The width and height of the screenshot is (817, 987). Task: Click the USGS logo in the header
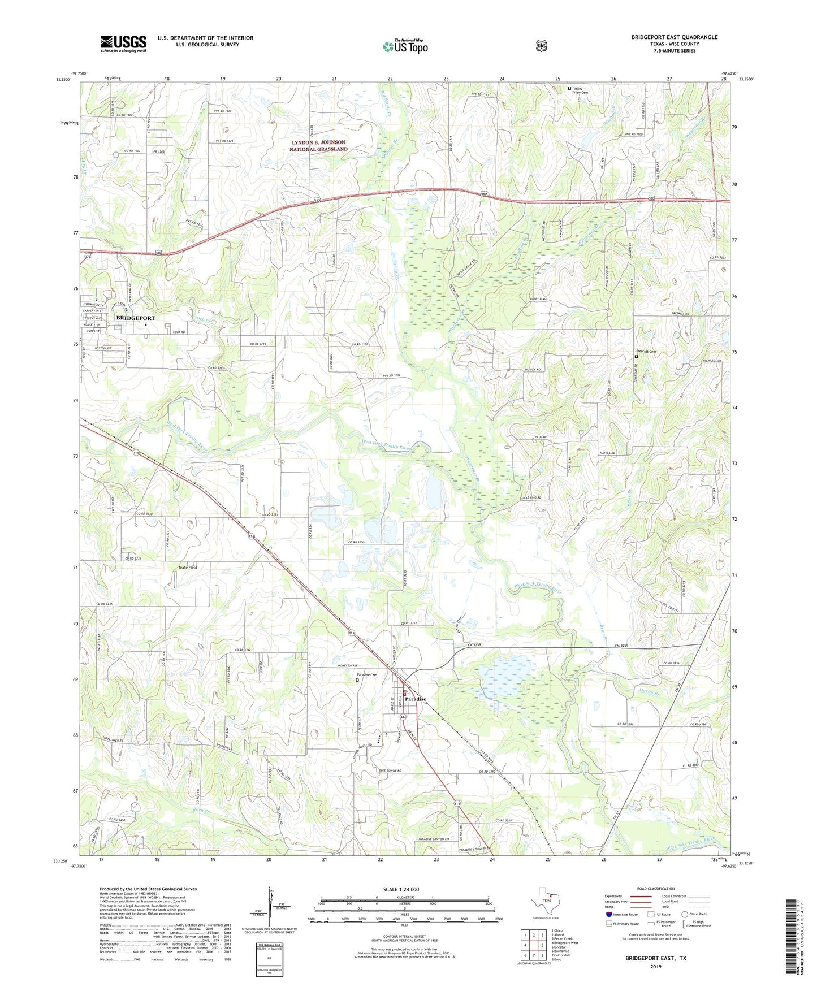tap(123, 44)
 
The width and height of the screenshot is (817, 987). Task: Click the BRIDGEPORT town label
tap(136, 318)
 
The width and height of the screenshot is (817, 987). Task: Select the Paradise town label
tap(416, 699)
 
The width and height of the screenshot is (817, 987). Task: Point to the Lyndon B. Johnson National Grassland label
tap(318, 146)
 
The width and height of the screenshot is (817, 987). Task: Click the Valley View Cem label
tap(581, 90)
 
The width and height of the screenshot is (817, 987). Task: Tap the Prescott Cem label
tap(646, 352)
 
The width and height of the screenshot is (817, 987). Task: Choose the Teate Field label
tap(185, 567)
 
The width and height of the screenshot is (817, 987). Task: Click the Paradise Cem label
tap(366, 675)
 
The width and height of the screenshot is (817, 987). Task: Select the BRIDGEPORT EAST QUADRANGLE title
tap(674, 37)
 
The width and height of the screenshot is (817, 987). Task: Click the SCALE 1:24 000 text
tap(401, 890)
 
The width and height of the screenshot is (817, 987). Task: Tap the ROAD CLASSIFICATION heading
tap(655, 889)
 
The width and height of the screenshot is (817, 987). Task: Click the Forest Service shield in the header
tap(541, 46)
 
